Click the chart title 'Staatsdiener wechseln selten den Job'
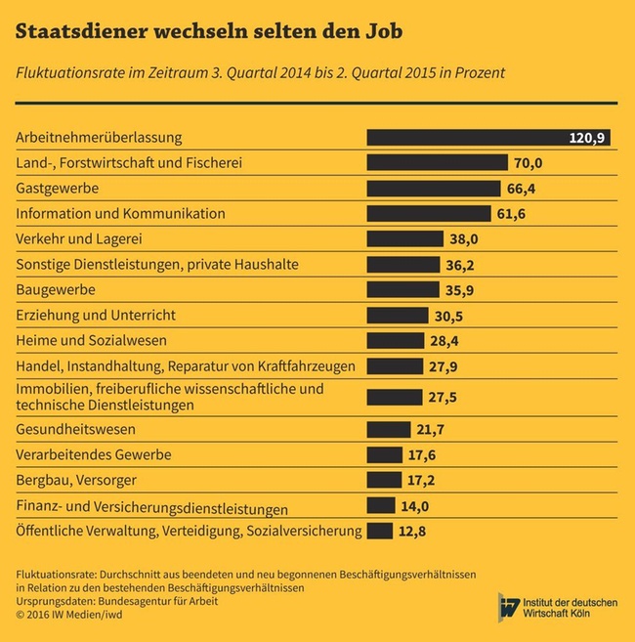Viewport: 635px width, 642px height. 208,32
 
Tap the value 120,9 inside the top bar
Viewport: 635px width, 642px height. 588,138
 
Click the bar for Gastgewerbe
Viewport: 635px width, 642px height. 431,188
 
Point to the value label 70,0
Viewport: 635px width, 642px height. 528,163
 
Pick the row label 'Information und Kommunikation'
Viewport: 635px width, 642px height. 121,213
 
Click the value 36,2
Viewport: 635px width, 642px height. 457,265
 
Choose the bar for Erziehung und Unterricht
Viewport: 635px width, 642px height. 397,316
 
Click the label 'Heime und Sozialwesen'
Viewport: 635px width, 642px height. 92,341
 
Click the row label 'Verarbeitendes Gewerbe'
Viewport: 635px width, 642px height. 94,454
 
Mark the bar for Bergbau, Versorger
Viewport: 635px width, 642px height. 384,480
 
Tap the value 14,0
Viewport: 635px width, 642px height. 414,506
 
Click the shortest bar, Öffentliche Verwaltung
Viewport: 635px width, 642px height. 379,532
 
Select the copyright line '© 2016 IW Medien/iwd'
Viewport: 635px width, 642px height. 70,616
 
